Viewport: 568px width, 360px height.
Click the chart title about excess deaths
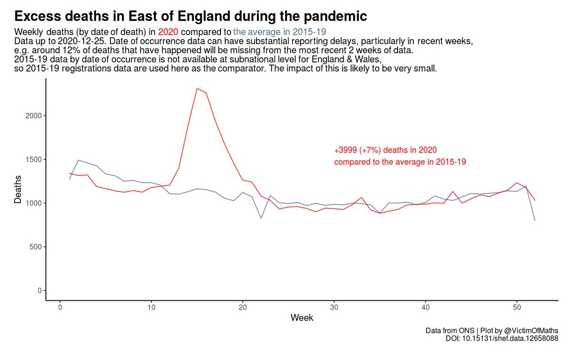coord(190,17)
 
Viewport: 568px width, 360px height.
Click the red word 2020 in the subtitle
coord(168,32)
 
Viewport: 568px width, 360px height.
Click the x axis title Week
coord(302,318)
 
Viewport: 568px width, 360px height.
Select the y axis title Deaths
coord(18,189)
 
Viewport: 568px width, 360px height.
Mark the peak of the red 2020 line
coord(197,89)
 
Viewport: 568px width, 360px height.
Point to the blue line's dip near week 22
coord(261,218)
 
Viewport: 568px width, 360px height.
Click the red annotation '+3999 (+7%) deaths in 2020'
coord(385,150)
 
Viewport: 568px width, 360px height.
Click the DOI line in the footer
coord(502,338)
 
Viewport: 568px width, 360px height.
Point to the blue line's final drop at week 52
coord(535,220)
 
